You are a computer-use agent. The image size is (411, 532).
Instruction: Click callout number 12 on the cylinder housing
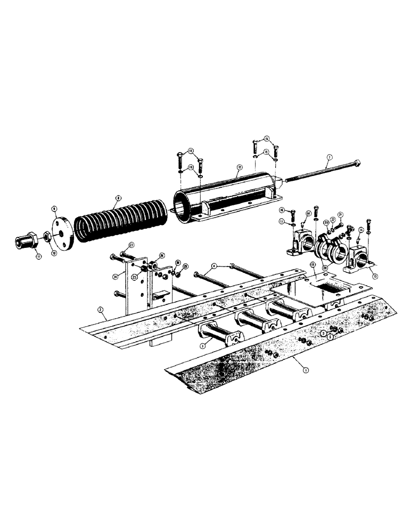(x=240, y=167)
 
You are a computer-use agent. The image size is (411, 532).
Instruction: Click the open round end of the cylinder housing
(x=186, y=208)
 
